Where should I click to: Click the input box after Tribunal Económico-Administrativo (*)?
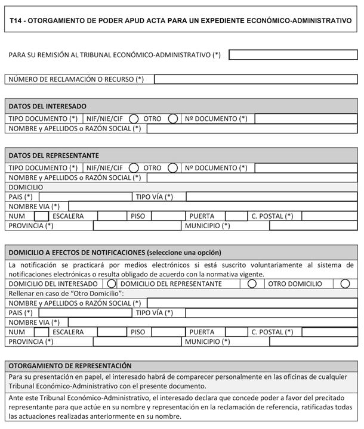coord(292,55)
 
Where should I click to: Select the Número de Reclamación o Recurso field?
coord(255,79)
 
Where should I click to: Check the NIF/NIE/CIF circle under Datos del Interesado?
coord(134,119)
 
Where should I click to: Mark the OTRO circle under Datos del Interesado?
coord(173,119)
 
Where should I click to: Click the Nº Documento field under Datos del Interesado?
coord(306,119)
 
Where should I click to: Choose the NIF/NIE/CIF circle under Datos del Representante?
coord(134,168)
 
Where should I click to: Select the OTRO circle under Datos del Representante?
coord(173,168)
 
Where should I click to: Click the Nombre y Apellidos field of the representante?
coord(252,178)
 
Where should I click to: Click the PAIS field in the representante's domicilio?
coord(84,197)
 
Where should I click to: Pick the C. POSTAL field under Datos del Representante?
coord(329,216)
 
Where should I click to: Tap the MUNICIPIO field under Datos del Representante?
coord(313,226)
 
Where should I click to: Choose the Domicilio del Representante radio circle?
coord(252,284)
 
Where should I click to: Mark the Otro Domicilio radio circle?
coord(345,284)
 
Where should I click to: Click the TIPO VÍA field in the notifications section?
coord(271,312)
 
